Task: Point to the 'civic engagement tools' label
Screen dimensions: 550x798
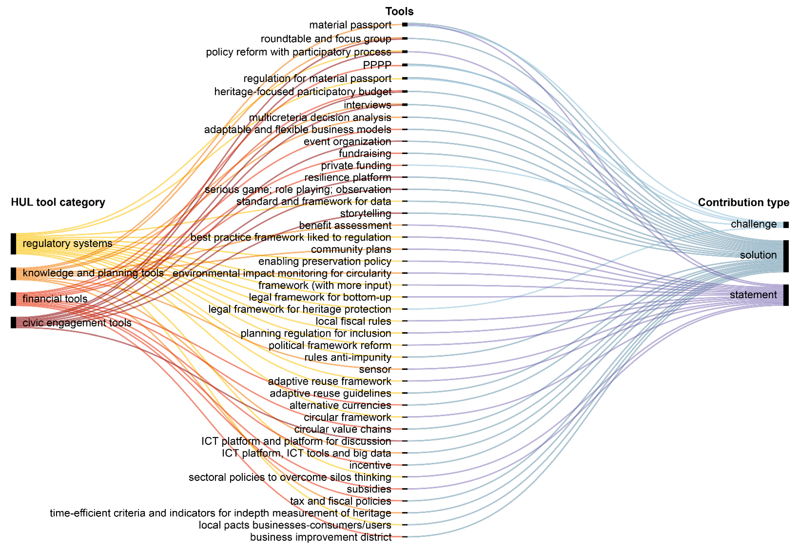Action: [77, 323]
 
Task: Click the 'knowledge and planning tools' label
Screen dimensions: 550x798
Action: [93, 273]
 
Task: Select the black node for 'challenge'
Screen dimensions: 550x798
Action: [786, 225]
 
